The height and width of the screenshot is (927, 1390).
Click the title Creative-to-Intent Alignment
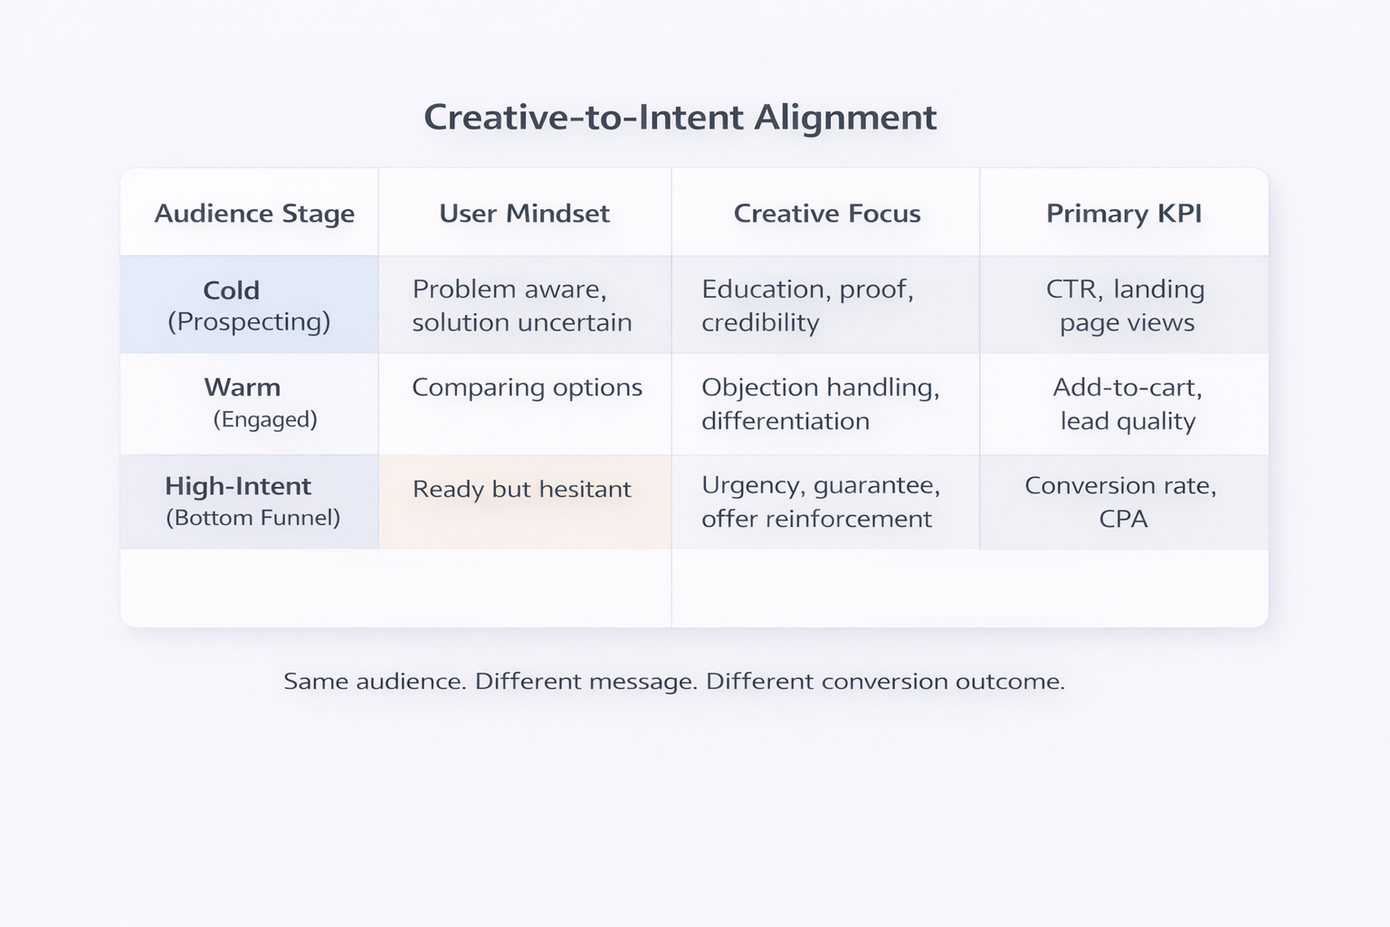680,118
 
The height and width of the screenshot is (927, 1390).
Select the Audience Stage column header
254,214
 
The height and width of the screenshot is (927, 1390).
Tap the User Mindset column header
524,214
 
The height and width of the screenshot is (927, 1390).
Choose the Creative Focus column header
826,214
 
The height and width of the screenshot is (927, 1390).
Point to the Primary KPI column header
1124,214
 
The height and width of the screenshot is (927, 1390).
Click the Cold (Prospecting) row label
249,305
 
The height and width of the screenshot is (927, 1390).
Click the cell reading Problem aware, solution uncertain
522,305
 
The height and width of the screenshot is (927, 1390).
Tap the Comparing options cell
527,387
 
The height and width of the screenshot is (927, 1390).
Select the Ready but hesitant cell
521,490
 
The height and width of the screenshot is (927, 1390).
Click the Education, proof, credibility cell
807,305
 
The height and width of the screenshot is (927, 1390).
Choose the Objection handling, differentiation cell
820,404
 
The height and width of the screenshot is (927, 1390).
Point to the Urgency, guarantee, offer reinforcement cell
820,502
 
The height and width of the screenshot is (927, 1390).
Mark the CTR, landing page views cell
1125,305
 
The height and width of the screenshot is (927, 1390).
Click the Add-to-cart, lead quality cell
1127,404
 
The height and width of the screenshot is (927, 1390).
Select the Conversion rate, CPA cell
1120,502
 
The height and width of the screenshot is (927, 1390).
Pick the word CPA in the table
1123,519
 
